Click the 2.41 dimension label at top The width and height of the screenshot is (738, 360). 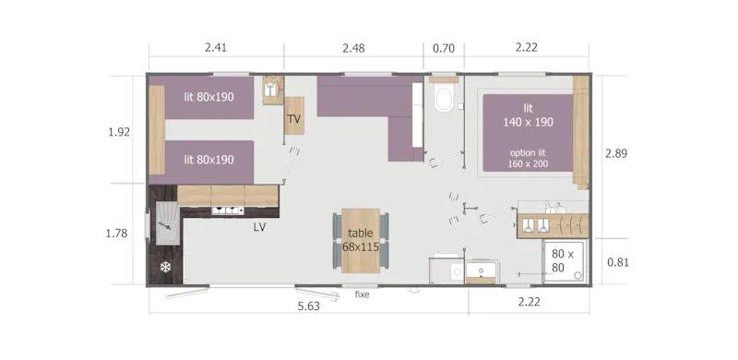pos(215,46)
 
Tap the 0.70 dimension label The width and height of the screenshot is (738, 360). pos(444,46)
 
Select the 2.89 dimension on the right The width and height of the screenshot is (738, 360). pos(615,153)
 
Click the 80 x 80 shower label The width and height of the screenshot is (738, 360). pos(563,259)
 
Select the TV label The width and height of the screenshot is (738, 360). pos(294,120)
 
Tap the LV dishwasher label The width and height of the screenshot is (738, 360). pos(260,227)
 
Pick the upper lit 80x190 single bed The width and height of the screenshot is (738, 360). pos(208,97)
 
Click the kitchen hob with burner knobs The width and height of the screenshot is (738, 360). pos(228,210)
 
